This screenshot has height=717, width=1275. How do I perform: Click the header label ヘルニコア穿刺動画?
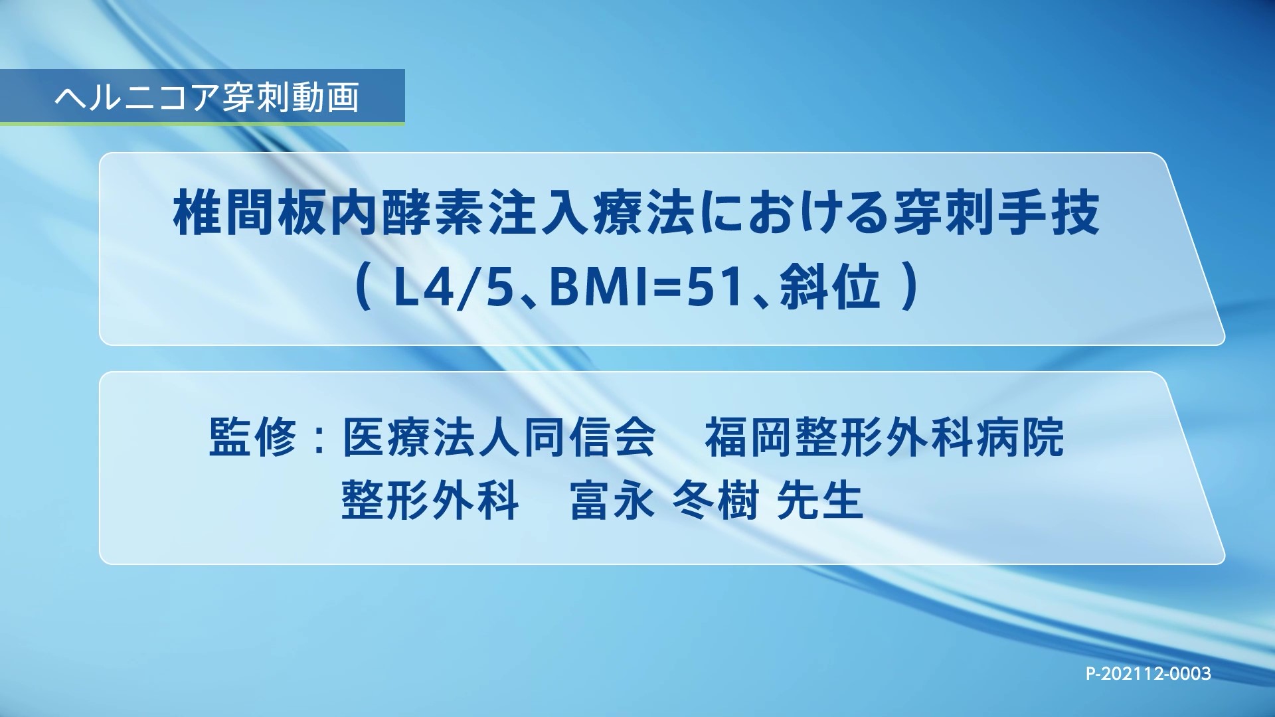[x=207, y=98]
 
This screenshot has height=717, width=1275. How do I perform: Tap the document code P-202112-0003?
[x=1148, y=674]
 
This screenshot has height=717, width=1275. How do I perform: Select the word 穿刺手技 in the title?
[x=996, y=214]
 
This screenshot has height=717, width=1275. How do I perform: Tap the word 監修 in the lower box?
[x=252, y=437]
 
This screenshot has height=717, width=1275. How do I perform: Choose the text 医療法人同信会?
[x=499, y=437]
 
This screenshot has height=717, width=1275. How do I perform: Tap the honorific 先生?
[x=819, y=499]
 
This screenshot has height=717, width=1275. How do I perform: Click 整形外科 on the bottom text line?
[x=430, y=499]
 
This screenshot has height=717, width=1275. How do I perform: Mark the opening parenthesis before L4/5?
[x=363, y=290]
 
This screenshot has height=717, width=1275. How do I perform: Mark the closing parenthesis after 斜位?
[x=912, y=290]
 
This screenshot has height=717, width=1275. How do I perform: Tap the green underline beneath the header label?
[x=202, y=123]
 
